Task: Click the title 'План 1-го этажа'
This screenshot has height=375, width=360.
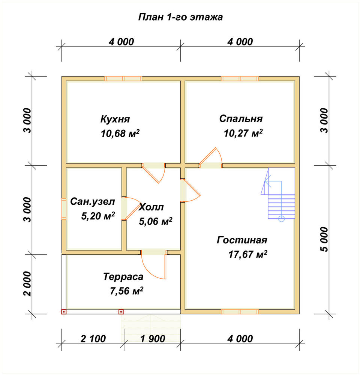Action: (x=180, y=17)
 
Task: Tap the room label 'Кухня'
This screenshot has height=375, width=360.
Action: (x=115, y=119)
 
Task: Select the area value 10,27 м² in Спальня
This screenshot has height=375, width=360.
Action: (x=243, y=133)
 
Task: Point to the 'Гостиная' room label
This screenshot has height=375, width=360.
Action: (x=242, y=240)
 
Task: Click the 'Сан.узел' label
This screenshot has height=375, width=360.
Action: (x=93, y=202)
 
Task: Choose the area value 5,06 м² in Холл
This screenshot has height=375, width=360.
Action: (x=156, y=222)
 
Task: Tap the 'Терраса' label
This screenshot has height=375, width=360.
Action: (x=123, y=277)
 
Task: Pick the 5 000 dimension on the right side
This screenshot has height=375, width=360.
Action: (x=324, y=239)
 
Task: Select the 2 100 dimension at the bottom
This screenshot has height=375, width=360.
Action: (x=93, y=339)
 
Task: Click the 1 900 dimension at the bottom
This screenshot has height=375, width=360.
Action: (x=153, y=339)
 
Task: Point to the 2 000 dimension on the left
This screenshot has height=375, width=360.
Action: (x=27, y=284)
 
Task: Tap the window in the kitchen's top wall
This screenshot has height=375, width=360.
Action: (x=123, y=79)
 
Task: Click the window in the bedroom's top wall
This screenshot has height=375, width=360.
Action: (x=240, y=79)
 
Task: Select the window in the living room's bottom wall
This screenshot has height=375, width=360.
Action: (x=240, y=312)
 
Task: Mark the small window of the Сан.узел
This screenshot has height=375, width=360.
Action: (x=64, y=209)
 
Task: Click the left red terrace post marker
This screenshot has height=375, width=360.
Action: (x=64, y=312)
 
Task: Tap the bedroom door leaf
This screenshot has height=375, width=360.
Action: (x=208, y=156)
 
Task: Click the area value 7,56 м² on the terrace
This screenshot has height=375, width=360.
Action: (x=126, y=291)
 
